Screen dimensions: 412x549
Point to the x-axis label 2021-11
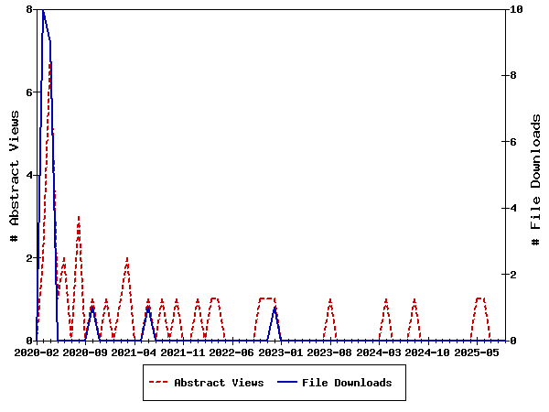183,352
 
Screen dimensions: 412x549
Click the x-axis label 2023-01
281,352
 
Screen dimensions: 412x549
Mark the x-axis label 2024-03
379,352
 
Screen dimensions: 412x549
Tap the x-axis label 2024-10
427,352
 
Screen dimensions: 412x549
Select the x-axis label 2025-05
477,352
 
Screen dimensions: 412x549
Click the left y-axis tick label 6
29,92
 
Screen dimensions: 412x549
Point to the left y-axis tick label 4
29,175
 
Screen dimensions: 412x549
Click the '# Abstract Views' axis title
14,175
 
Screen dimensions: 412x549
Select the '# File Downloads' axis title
536,175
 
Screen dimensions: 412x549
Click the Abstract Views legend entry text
219,383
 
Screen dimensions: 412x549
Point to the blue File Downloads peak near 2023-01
274,308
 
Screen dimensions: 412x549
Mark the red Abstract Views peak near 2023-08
330,299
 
